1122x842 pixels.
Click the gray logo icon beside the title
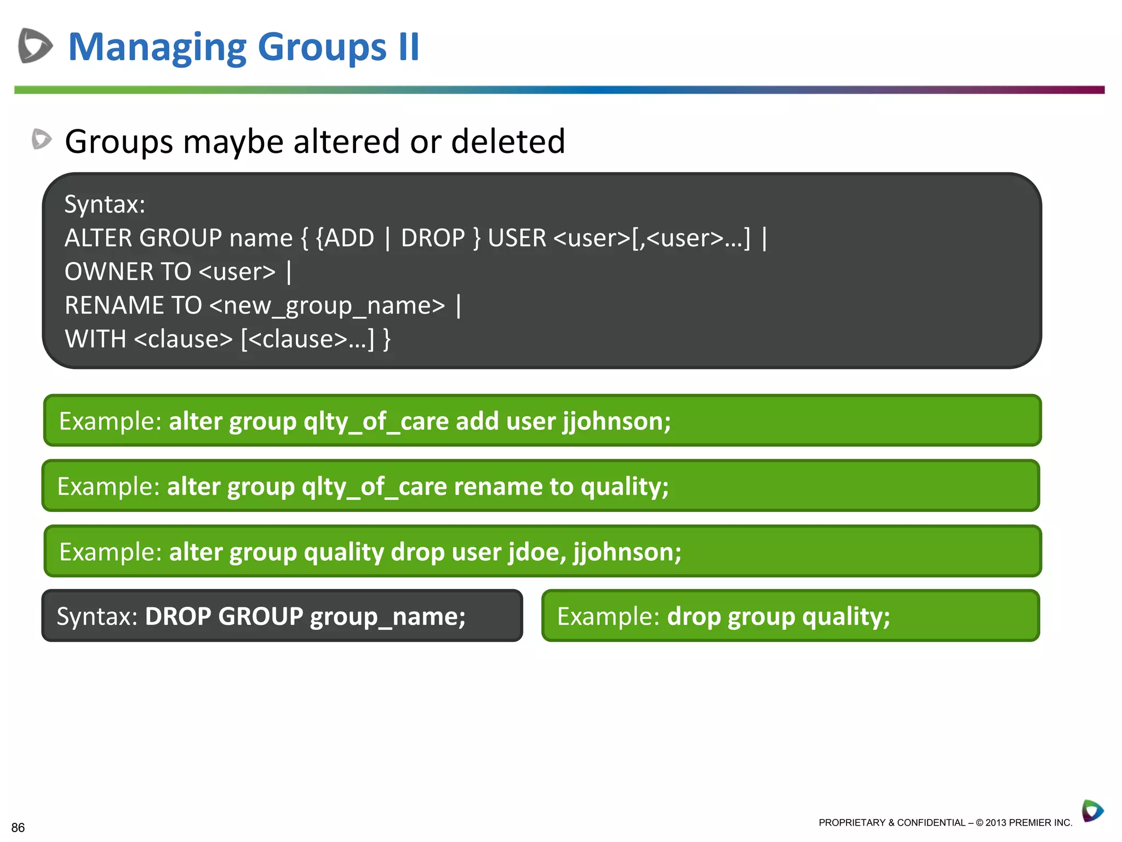point(35,45)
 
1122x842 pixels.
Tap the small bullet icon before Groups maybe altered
point(42,139)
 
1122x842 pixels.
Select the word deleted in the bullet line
point(508,141)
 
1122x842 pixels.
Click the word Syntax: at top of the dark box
point(105,204)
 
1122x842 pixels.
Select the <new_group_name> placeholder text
point(327,306)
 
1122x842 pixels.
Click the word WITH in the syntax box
point(95,339)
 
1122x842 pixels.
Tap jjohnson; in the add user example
point(616,422)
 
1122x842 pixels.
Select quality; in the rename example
point(625,487)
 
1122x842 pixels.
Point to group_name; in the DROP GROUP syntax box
point(387,617)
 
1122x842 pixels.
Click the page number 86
point(18,827)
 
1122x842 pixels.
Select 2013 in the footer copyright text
point(996,823)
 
